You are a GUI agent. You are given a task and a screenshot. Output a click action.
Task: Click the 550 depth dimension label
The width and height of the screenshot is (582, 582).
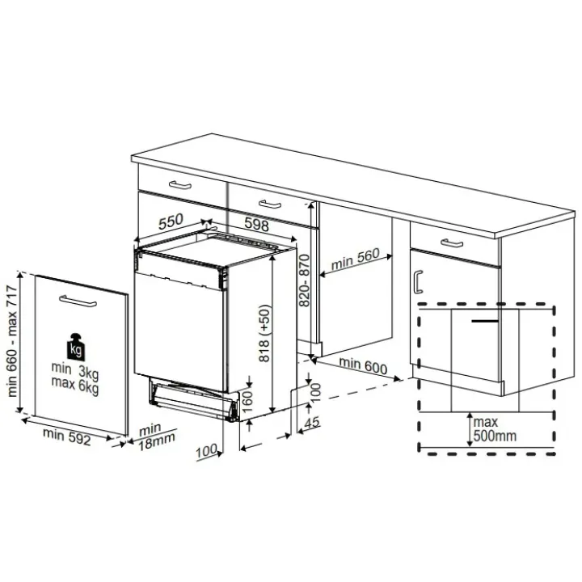pyautogui.click(x=171, y=221)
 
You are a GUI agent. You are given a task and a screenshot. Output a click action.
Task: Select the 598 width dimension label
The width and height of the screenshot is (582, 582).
pyautogui.click(x=257, y=224)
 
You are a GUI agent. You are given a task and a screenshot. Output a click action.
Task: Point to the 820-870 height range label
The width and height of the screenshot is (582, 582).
pyautogui.click(x=305, y=280)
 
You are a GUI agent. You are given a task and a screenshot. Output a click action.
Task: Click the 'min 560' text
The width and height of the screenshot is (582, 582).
pyautogui.click(x=355, y=259)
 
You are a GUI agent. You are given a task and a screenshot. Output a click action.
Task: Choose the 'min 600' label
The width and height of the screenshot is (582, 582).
pyautogui.click(x=363, y=365)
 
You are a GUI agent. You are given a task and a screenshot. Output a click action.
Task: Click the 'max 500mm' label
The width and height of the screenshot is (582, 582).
pyautogui.click(x=495, y=428)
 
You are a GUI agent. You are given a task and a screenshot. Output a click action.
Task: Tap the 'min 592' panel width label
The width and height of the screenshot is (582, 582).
pyautogui.click(x=67, y=436)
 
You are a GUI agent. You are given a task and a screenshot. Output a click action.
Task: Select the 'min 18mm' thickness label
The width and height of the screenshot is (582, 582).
pyautogui.click(x=156, y=436)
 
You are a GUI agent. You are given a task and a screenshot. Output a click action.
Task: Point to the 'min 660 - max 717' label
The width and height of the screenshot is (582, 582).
pyautogui.click(x=12, y=341)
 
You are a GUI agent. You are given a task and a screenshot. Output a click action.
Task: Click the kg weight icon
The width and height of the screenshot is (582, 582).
pyautogui.click(x=76, y=347)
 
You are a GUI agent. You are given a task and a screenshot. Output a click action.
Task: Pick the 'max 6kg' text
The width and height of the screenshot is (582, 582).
pyautogui.click(x=75, y=385)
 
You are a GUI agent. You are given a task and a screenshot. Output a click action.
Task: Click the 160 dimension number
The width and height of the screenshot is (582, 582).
pyautogui.click(x=247, y=401)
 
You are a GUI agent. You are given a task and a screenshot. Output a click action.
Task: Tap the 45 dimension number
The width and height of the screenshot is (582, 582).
pyautogui.click(x=312, y=422)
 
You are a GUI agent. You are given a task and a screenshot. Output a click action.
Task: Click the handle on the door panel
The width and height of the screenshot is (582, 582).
pyautogui.click(x=78, y=301)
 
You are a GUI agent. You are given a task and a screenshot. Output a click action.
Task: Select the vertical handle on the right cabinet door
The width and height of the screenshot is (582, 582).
pyautogui.click(x=418, y=282)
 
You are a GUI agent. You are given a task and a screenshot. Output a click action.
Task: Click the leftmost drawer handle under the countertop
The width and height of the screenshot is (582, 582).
pyautogui.click(x=180, y=184)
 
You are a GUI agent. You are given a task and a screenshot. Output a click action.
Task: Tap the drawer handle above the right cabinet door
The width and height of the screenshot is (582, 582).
pyautogui.click(x=452, y=243)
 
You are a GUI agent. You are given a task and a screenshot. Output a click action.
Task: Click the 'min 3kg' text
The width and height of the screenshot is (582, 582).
pyautogui.click(x=75, y=370)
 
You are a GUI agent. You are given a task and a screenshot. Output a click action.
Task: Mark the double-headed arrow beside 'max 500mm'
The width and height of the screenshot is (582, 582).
pyautogui.click(x=470, y=429)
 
